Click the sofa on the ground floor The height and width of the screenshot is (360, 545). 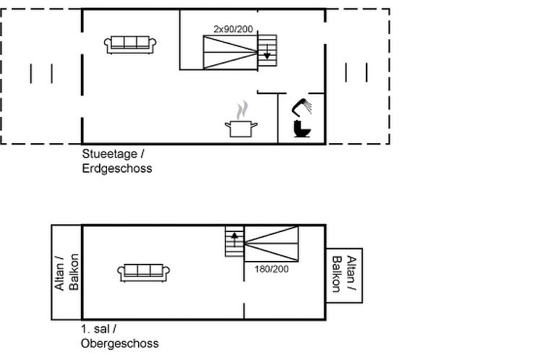click(x=129, y=44)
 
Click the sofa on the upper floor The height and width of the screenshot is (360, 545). click(x=143, y=272)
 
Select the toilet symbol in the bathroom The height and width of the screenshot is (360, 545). click(x=302, y=129)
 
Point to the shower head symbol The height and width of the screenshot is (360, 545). click(x=302, y=108)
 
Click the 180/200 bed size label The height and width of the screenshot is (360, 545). click(x=271, y=268)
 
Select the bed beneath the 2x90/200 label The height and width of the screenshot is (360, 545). click(x=230, y=51)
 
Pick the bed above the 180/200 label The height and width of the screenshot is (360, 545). click(x=271, y=244)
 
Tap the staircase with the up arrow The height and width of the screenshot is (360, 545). click(x=234, y=242)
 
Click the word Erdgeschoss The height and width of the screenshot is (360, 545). click(x=116, y=168)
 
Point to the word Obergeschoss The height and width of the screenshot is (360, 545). click(x=119, y=343)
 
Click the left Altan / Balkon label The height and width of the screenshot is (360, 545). click(x=66, y=273)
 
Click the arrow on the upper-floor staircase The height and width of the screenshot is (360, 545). click(x=234, y=236)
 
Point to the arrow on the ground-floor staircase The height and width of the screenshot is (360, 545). click(x=267, y=53)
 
